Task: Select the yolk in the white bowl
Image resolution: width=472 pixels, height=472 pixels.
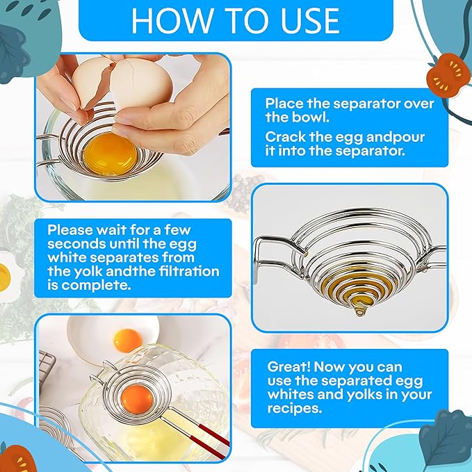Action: (126, 340)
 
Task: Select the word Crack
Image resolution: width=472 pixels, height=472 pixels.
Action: (284, 136)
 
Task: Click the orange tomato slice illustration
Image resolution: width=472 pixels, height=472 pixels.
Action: (446, 74)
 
